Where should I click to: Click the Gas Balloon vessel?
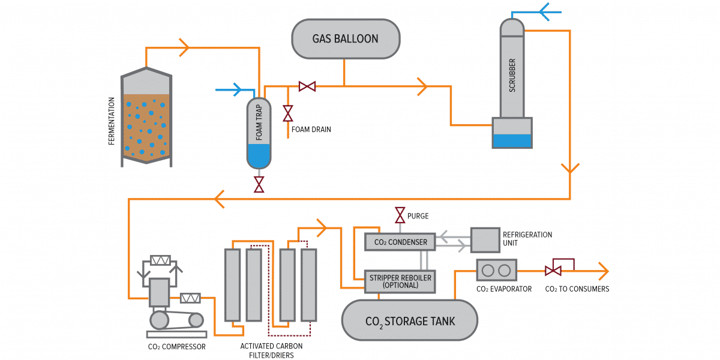pyautogui.click(x=346, y=39)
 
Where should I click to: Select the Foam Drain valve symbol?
pyautogui.click(x=288, y=113)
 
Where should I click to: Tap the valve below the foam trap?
pyautogui.click(x=259, y=184)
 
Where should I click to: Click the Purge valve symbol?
pyautogui.click(x=399, y=215)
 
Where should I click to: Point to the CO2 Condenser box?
pyautogui.click(x=400, y=242)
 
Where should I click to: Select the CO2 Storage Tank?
pyautogui.click(x=410, y=320)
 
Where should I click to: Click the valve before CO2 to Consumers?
pyautogui.click(x=553, y=271)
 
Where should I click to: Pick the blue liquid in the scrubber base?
pyautogui.click(x=511, y=141)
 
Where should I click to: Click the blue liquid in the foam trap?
pyautogui.click(x=259, y=157)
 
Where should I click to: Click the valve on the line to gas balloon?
pyautogui.click(x=307, y=86)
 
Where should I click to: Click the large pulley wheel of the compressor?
pyautogui.click(x=160, y=320)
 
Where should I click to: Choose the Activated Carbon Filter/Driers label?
pyautogui.click(x=271, y=350)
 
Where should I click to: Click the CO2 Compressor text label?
pyautogui.click(x=176, y=346)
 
